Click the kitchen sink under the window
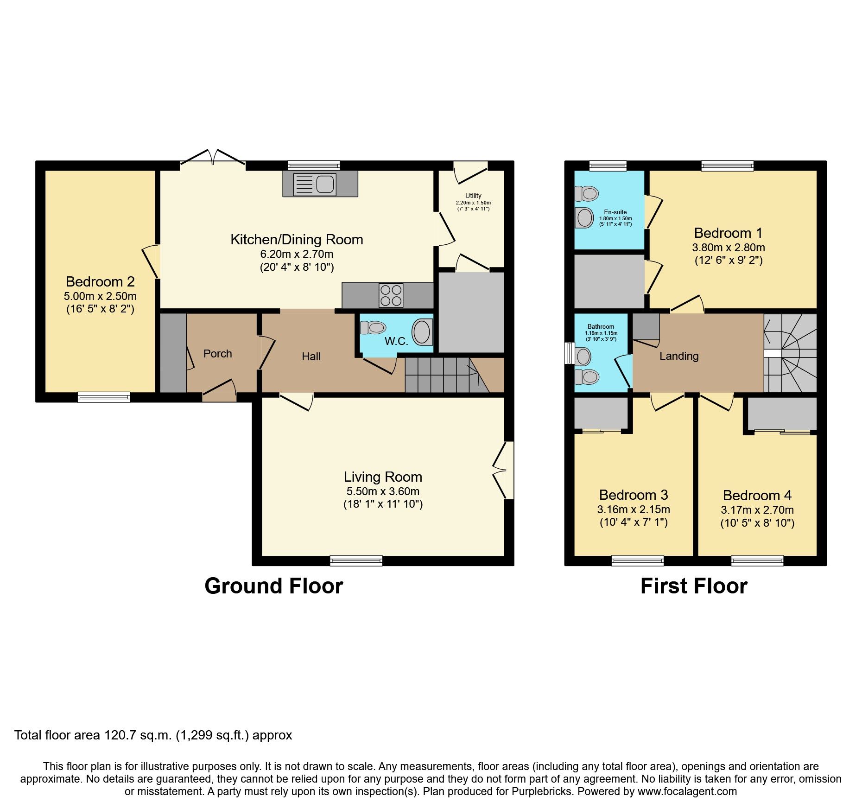320,184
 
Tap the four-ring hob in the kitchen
391,295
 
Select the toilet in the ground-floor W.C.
373,328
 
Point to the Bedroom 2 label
100,281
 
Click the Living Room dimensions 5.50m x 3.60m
383,491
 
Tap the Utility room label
473,196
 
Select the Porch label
217,354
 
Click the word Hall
311,357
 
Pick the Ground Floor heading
273,586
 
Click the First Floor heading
694,586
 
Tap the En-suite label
615,212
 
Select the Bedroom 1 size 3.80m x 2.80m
729,248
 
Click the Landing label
679,356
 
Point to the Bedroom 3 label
633,495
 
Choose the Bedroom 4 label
757,495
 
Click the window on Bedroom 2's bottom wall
103,397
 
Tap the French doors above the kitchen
213,158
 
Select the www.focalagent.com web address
687,791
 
